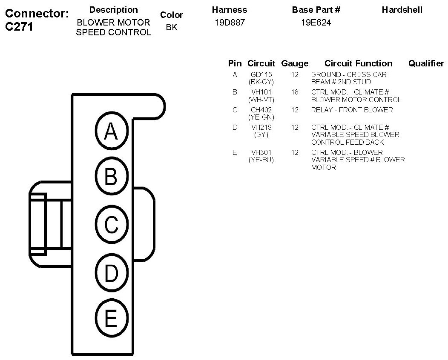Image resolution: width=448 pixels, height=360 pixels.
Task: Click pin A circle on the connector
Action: [x=111, y=131]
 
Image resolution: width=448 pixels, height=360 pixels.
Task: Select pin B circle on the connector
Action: [x=111, y=176]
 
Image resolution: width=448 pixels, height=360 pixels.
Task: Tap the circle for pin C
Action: [x=111, y=225]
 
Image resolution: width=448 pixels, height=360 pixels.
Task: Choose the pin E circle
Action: [x=111, y=318]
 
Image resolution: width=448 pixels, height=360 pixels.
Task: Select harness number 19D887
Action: [x=230, y=23]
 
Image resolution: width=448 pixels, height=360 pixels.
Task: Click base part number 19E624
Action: [x=316, y=23]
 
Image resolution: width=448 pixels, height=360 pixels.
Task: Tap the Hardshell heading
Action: [x=402, y=10]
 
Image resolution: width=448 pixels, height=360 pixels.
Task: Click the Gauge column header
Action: [x=295, y=63]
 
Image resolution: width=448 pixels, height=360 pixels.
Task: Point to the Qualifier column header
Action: [x=426, y=63]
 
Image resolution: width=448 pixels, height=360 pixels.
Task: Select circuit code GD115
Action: [x=261, y=74]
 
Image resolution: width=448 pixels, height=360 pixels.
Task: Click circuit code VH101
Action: [x=261, y=92]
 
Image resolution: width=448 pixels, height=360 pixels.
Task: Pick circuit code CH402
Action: [x=261, y=110]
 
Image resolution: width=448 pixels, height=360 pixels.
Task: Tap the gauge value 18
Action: [x=295, y=92]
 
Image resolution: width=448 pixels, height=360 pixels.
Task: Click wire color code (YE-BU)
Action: [x=261, y=160]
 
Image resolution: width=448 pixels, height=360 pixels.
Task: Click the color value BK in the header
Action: [x=172, y=28]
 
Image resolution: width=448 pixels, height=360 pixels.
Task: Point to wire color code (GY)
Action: [x=261, y=135]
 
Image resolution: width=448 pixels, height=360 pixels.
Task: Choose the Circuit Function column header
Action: [x=358, y=63]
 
